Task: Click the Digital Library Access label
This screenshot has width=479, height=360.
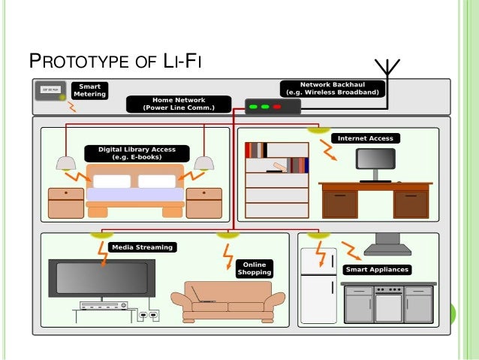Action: point(131,153)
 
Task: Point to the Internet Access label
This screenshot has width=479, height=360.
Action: point(365,138)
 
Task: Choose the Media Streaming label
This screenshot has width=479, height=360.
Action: point(142,247)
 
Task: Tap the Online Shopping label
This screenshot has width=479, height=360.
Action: point(254,268)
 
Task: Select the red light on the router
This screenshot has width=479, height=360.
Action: point(277,107)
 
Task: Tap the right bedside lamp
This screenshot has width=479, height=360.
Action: point(203,162)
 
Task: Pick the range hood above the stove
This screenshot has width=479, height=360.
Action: point(387,240)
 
